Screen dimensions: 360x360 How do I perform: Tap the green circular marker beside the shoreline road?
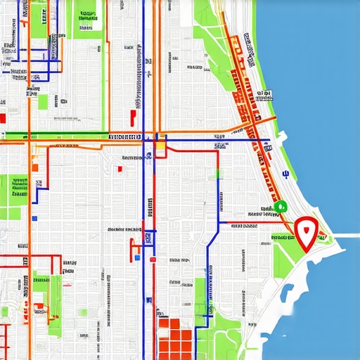pyautogui.click(x=281, y=206)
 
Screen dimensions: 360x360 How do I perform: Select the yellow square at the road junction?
pyautogui.click(x=160, y=146)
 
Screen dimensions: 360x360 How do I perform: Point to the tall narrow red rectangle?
pyautogui.click(x=132, y=116)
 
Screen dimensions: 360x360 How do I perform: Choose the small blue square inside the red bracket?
pyautogui.click(x=138, y=257)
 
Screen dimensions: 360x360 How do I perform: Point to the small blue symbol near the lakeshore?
pyautogui.click(x=285, y=172)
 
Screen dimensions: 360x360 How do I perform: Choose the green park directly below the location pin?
pyautogui.click(x=285, y=257)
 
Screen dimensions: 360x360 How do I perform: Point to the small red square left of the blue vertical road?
pyautogui.click(x=120, y=168)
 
